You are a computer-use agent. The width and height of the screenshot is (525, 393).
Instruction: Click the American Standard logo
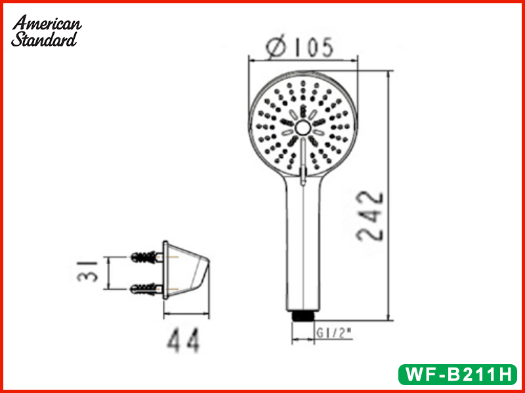pos(47,31)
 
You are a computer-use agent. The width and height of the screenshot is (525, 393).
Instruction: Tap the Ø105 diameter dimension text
pos(300,47)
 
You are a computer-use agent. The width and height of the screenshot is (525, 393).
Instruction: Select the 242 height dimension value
pos(371,216)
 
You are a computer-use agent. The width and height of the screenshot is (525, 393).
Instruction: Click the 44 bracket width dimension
pos(183,341)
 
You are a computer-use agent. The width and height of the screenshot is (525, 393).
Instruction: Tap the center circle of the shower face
pos(303,128)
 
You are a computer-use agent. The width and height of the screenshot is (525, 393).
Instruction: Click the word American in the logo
pos(48,24)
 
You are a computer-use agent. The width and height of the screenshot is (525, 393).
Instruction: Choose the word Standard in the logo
pos(45,39)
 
